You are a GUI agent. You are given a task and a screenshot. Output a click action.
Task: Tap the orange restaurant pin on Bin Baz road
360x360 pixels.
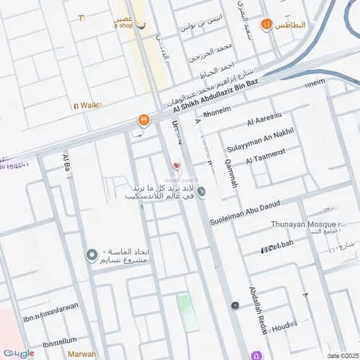(x=143, y=120)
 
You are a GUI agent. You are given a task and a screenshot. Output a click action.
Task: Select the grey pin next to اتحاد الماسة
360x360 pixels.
(x=91, y=255)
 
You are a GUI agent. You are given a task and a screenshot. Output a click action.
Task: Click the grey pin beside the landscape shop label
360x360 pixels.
(x=202, y=192)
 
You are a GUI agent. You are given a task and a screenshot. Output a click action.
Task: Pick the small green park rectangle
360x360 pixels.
(x=187, y=312)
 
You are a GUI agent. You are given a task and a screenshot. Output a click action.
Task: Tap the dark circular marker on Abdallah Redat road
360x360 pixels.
(x=235, y=305)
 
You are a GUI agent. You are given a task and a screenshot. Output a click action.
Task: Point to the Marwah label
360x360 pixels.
(x=81, y=354)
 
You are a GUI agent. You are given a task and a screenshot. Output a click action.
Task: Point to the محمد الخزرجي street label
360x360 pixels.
(x=213, y=50)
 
